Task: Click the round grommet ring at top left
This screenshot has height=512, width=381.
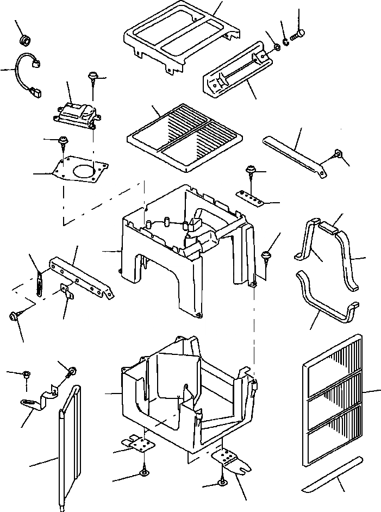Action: click(x=24, y=40)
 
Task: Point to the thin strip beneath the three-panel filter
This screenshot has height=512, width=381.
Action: click(x=333, y=473)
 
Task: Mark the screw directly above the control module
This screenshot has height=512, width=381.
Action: click(x=93, y=79)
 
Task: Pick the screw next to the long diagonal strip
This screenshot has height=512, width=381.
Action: click(x=338, y=154)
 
